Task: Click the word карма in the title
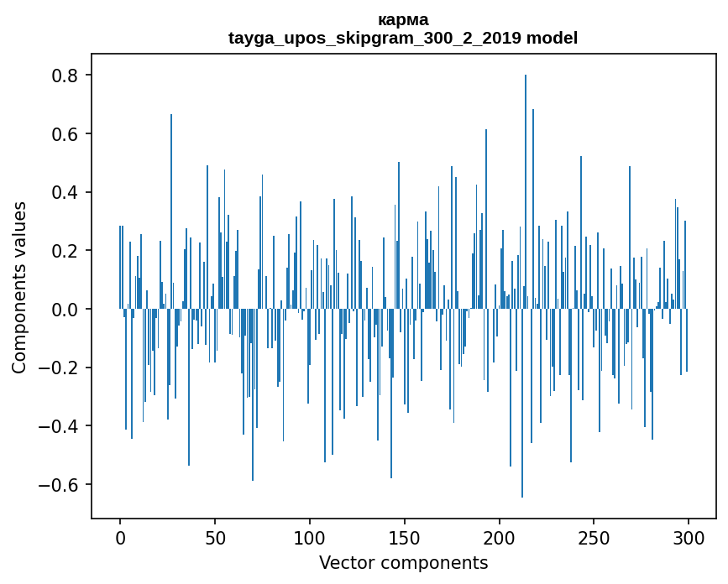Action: click(403, 19)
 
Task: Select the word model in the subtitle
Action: click(553, 38)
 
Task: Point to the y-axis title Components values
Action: click(19, 288)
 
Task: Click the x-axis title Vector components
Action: click(403, 562)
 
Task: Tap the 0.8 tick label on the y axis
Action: click(65, 76)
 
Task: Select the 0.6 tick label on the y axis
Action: click(65, 134)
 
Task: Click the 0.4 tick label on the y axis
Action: click(65, 192)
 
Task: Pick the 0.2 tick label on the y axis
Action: click(65, 251)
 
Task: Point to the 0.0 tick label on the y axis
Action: click(65, 310)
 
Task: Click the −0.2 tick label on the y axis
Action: click(60, 368)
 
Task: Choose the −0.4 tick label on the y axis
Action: click(60, 426)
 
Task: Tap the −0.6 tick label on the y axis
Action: click(60, 485)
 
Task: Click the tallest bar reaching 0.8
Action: click(526, 193)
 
